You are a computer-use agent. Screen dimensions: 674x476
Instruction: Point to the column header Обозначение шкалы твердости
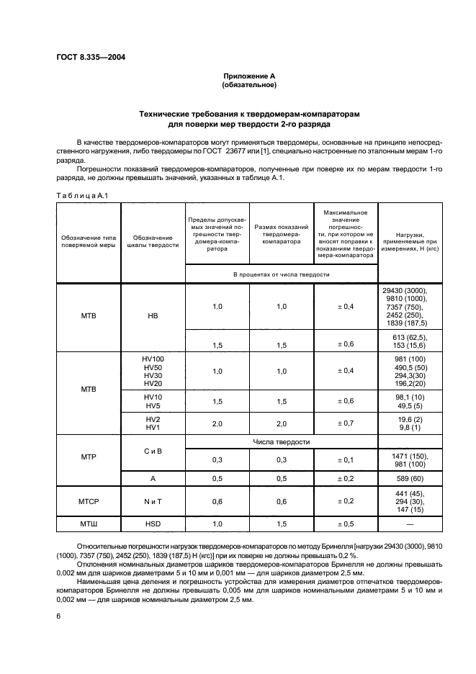click(153, 241)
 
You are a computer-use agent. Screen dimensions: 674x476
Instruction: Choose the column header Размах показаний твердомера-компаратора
click(281, 238)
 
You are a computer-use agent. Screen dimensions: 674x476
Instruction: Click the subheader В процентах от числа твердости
click(281, 274)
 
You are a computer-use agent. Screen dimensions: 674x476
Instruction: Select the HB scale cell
click(153, 315)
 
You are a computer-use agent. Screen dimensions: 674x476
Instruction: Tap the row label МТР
click(88, 457)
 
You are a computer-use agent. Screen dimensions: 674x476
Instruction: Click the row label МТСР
click(88, 501)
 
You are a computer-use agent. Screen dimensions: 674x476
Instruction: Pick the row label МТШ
click(88, 524)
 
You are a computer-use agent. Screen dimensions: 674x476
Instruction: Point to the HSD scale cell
click(153, 524)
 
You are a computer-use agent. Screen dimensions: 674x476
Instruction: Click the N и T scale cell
click(153, 501)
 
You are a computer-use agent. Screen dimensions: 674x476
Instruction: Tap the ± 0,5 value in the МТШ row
click(346, 524)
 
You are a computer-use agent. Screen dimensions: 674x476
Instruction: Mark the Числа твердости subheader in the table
click(281, 441)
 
